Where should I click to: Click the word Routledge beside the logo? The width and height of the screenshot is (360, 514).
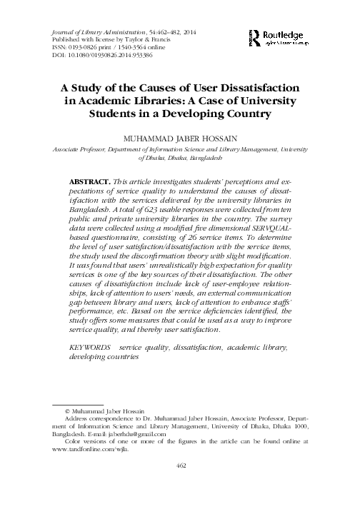pos(289,34)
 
